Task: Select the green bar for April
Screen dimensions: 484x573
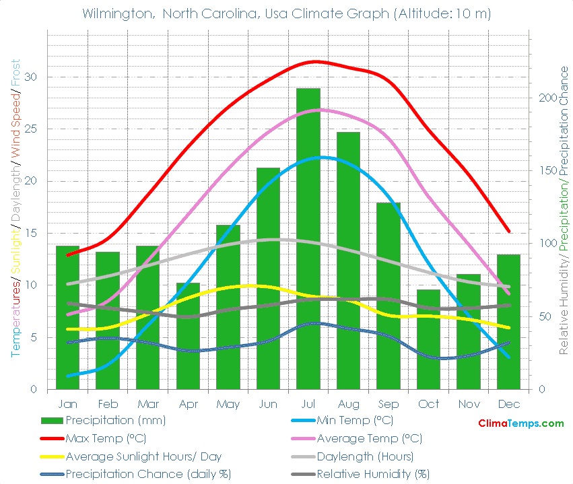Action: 188,336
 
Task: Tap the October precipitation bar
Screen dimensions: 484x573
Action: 428,339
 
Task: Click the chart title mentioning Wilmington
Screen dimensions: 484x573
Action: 286,13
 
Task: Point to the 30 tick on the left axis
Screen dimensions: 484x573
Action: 32,77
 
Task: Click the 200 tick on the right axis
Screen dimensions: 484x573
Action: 546,98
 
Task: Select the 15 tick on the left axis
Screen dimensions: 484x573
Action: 32,233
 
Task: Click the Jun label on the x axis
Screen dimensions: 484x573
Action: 268,404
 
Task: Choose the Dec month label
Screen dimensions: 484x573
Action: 508,404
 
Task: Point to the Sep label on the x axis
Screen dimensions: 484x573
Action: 388,404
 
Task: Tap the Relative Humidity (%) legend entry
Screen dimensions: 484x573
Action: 373,473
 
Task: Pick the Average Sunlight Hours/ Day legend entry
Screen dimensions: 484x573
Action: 143,456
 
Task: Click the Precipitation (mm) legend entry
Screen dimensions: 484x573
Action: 115,421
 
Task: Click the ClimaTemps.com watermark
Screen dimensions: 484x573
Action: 520,423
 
